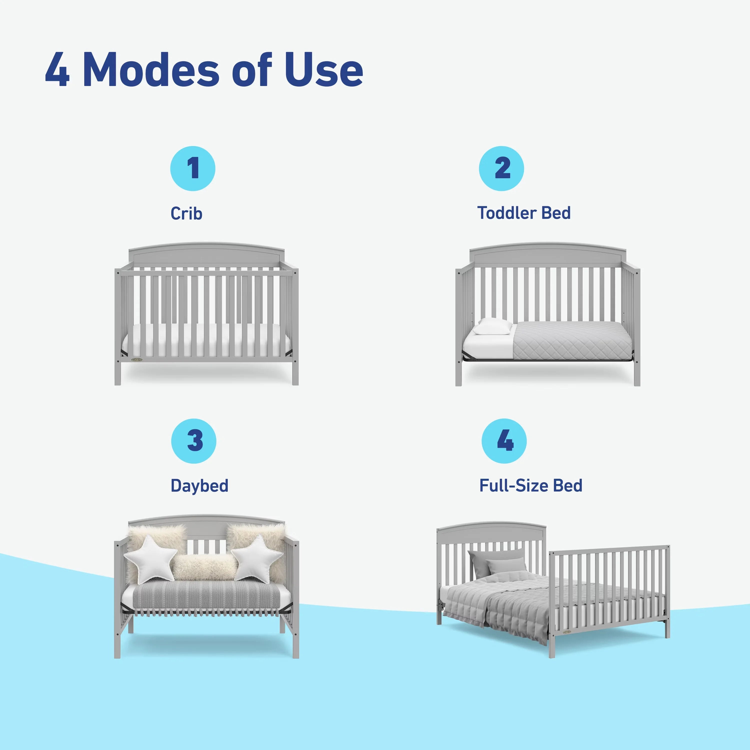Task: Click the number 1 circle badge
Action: click(192, 168)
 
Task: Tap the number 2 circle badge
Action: click(501, 168)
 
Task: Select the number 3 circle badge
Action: click(194, 441)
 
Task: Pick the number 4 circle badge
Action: click(504, 441)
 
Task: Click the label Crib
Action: click(186, 213)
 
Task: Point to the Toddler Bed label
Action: click(524, 213)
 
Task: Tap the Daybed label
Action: click(199, 486)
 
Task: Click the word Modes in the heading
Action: click(151, 70)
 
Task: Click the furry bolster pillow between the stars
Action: click(204, 567)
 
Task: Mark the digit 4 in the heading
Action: click(57, 70)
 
